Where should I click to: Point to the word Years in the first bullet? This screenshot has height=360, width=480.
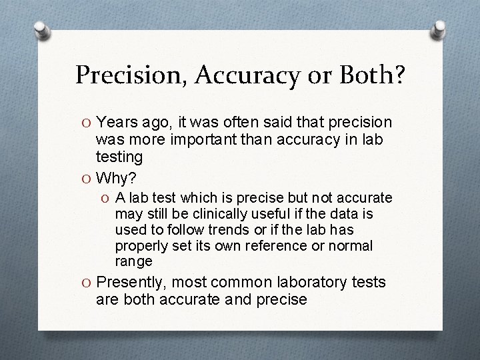point(117,123)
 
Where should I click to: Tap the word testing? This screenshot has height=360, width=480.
point(119,157)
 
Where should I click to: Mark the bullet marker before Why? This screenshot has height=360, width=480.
point(87,179)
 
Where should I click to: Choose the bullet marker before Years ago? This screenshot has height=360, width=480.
point(87,123)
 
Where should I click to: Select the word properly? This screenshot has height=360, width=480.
point(138,246)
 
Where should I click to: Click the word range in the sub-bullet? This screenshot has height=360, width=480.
point(133,261)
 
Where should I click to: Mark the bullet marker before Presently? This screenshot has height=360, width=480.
point(87,282)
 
